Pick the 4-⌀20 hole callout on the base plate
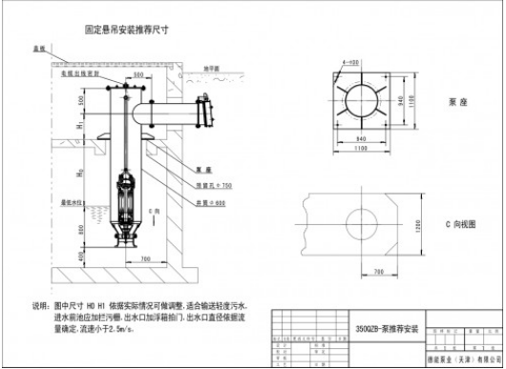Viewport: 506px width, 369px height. [351, 62]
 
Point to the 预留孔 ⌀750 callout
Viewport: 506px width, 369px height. [218, 183]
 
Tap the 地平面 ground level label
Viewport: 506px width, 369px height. [221, 70]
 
